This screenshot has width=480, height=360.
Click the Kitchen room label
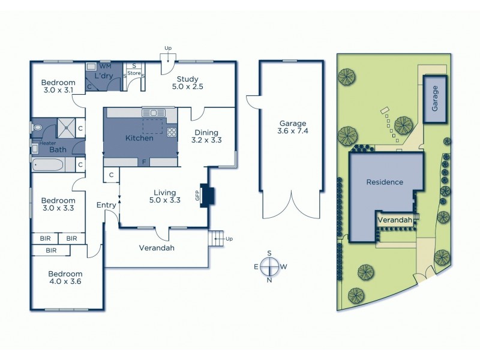click(139, 138)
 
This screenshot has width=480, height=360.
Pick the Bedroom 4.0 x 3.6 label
click(66, 278)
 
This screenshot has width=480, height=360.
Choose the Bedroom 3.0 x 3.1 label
click(58, 86)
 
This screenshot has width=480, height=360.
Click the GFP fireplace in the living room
click(208, 196)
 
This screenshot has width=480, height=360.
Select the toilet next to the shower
click(39, 127)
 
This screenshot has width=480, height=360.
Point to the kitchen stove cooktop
click(172, 133)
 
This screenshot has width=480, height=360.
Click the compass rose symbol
click(271, 265)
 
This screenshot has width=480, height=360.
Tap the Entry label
click(106, 205)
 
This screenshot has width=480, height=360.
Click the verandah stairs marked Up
click(216, 239)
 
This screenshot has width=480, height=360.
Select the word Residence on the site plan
click(385, 182)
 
